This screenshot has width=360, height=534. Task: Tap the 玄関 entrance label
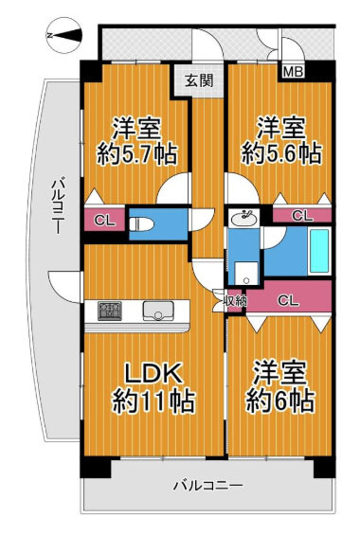198,80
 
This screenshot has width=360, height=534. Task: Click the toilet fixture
143,224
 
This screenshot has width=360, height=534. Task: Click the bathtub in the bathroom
317,252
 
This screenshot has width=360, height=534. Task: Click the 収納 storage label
236,300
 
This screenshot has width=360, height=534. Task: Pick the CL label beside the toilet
105,222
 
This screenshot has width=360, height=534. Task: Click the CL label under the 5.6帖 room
300,216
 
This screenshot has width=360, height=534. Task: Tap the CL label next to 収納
289,300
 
